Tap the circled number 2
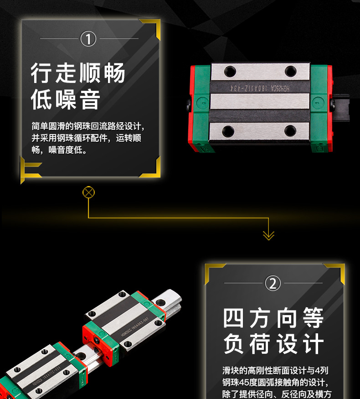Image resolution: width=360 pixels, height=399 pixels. [273, 284]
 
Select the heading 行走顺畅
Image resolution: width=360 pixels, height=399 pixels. [78, 73]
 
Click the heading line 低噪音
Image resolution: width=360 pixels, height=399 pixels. [66, 100]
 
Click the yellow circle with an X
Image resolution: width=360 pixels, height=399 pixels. [88, 192]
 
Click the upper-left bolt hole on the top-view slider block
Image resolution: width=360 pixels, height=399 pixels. [229, 72]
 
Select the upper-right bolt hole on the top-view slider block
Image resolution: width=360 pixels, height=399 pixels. [290, 71]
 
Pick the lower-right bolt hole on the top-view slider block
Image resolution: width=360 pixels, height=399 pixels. [290, 132]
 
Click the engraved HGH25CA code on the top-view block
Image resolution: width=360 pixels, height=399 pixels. [260, 86]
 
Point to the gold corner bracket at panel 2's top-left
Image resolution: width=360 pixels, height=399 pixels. [213, 272]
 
